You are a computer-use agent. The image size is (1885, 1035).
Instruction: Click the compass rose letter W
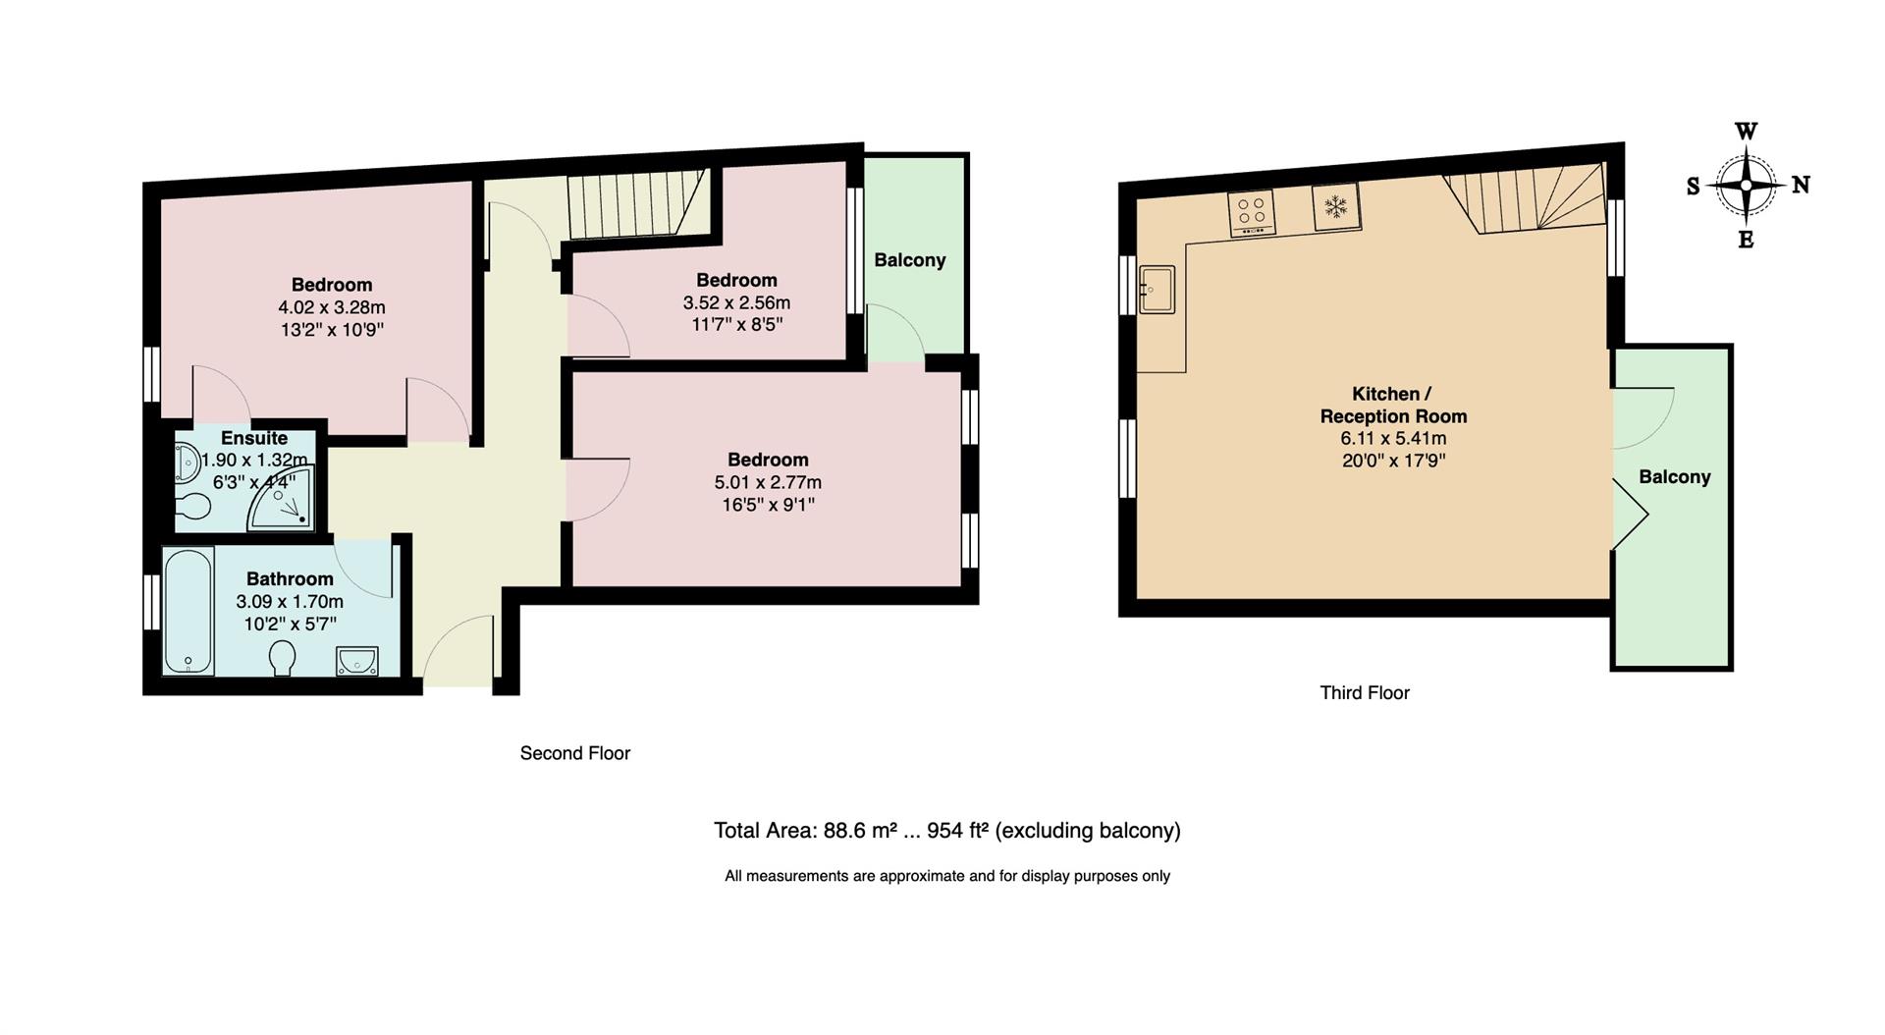click(1746, 132)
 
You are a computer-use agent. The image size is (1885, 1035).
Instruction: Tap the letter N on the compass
click(1801, 185)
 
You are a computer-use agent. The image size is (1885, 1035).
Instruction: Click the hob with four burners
click(1252, 212)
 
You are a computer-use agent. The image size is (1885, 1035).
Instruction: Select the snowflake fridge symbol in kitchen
click(1335, 206)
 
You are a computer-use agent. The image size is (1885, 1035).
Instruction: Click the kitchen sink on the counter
click(1157, 289)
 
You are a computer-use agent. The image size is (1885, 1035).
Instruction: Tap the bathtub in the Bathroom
click(188, 612)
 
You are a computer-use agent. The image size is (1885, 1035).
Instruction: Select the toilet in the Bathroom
click(284, 658)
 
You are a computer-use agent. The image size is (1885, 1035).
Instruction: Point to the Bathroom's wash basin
click(356, 662)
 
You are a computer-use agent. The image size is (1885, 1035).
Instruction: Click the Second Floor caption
click(574, 753)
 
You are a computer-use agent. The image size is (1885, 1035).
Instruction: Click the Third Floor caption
click(1364, 692)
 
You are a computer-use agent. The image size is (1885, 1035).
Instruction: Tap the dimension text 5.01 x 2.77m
click(768, 482)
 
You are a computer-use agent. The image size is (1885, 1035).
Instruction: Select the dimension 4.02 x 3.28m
click(332, 307)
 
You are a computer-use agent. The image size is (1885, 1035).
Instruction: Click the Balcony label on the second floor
click(910, 260)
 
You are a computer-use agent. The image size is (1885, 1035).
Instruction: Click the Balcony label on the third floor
click(1674, 477)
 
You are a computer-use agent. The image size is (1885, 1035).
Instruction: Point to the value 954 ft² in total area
click(957, 831)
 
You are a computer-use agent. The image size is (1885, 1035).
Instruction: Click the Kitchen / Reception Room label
click(1392, 405)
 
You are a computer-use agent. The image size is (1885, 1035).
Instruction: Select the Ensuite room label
click(254, 438)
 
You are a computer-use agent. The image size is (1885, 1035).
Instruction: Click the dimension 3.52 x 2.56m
click(736, 302)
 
